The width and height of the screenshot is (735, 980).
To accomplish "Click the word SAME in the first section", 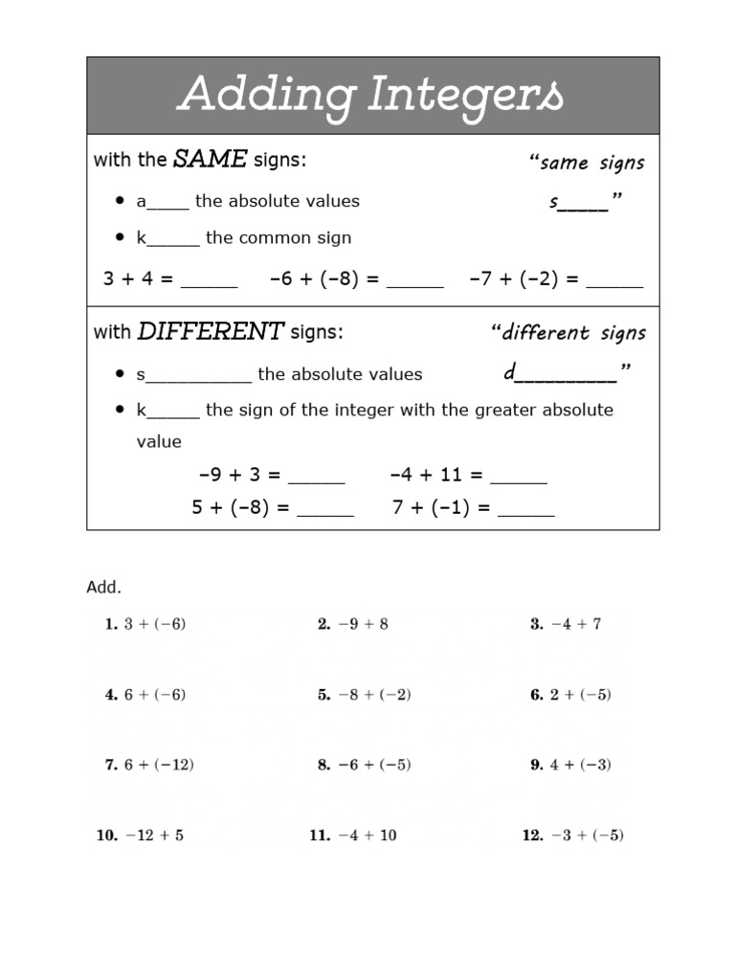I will (210, 159).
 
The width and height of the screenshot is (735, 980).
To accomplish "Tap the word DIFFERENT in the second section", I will (211, 332).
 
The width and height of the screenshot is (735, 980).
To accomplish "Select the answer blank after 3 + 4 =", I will (209, 281).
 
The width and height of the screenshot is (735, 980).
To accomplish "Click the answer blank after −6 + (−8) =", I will (415, 281).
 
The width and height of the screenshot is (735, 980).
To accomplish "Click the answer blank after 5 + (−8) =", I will (325, 510).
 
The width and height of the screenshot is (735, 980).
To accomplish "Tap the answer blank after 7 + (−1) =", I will (526, 510).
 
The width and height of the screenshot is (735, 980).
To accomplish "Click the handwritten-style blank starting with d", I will (565, 374).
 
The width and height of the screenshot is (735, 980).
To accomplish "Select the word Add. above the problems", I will (104, 587).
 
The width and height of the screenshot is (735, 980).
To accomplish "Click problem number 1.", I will (111, 624).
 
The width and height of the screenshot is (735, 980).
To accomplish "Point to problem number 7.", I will (111, 765).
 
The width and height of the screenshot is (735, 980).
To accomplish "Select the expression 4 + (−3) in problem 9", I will (580, 765).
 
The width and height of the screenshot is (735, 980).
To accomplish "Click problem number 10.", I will (106, 835).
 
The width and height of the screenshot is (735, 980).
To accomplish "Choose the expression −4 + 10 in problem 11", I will (367, 835).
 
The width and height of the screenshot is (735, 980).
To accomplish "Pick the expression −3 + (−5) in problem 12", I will (586, 835).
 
